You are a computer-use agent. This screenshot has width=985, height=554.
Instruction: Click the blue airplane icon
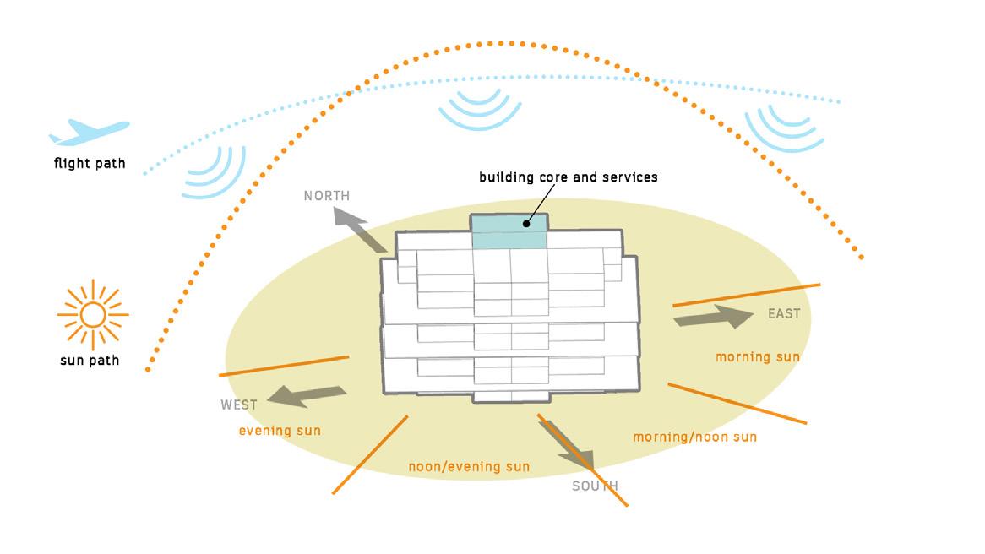[89, 132]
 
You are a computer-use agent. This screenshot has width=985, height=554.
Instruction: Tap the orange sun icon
[92, 315]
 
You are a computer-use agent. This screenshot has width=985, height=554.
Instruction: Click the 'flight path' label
[90, 163]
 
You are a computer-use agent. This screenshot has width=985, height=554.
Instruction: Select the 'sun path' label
[90, 361]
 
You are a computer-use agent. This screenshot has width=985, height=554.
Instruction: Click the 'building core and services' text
[568, 177]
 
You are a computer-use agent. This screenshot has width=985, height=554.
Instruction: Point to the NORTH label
[327, 196]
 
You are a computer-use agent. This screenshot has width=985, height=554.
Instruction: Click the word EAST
[783, 314]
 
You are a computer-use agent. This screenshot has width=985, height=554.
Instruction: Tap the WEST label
[239, 405]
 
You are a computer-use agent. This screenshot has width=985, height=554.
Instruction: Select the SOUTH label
[595, 486]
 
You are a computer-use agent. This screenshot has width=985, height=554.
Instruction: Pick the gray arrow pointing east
[712, 318]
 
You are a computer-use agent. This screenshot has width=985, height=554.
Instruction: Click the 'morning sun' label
[758, 357]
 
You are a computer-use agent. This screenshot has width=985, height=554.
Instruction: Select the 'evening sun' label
[280, 431]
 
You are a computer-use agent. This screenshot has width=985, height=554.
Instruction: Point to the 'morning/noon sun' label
[694, 437]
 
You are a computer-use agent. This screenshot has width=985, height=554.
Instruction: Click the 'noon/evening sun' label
[469, 467]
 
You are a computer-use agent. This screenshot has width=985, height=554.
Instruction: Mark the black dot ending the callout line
[525, 224]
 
